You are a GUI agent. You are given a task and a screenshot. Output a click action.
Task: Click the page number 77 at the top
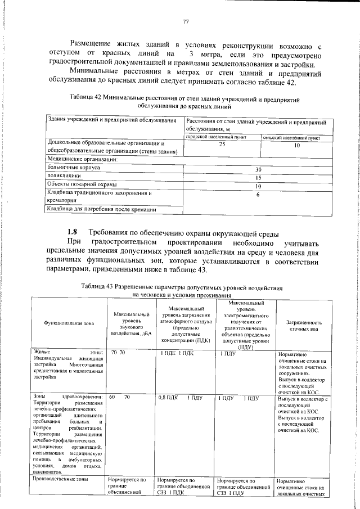185,22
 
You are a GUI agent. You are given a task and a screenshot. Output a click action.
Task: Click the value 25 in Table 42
222,145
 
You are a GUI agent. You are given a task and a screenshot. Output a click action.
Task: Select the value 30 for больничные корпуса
258,169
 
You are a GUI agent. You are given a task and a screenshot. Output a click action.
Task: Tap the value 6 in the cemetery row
258,195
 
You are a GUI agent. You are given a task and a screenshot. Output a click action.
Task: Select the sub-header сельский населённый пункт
291,137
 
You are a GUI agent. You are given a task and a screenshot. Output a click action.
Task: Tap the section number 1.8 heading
73,232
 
